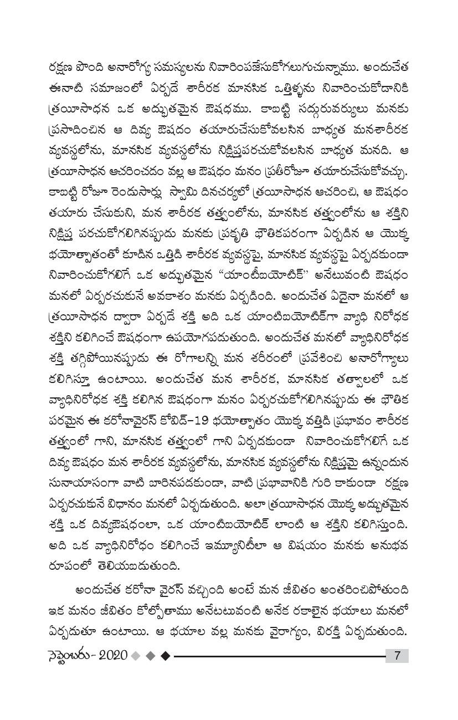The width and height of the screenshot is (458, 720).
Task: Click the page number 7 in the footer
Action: [397, 655]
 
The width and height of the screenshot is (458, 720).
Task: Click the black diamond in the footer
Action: [164, 656]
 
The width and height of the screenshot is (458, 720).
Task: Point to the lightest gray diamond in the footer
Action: [136, 656]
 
